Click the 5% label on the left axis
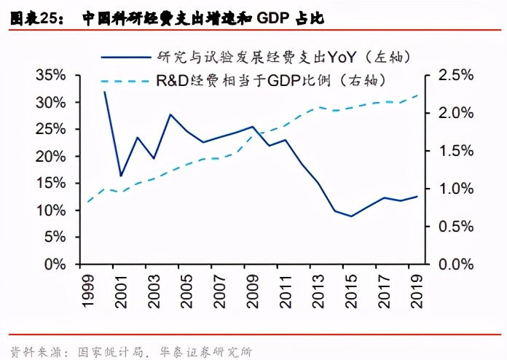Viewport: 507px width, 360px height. [x=55, y=238]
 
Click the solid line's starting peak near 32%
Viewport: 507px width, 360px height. [x=104, y=92]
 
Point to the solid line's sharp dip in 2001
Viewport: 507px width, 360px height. [x=121, y=176]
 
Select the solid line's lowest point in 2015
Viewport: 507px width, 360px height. [x=352, y=216]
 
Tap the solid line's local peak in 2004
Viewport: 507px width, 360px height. [x=170, y=114]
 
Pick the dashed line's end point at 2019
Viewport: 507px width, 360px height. [x=418, y=95]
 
